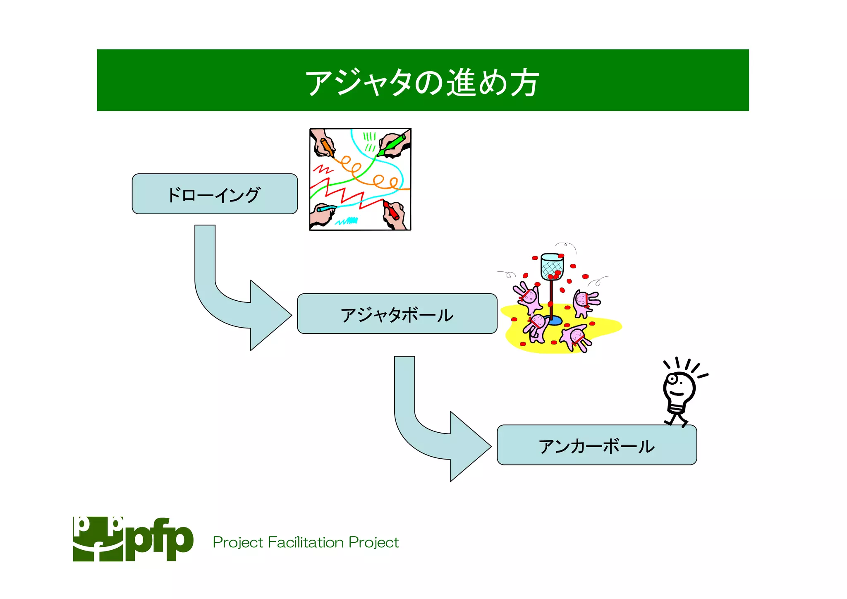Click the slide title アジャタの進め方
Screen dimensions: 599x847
422,82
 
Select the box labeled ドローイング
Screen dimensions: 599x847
215,194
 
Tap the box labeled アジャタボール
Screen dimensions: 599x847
397,314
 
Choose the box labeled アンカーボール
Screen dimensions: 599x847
596,445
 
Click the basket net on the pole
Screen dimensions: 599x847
552,267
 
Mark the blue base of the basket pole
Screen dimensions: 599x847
553,320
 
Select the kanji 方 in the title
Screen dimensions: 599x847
524,82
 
